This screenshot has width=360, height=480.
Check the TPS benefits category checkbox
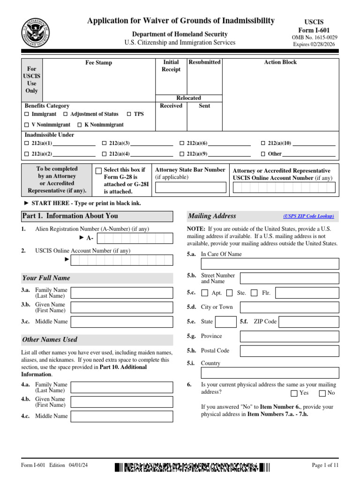pos(129,114)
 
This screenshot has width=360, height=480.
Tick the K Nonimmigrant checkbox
pos(80,125)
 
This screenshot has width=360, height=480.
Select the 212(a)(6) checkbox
pos(182,143)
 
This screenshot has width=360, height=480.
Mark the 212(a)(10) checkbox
pos(263,143)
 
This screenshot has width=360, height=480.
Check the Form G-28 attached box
pos(98,171)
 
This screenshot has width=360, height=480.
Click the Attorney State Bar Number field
pos(190,188)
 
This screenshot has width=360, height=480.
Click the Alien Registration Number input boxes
pos(135,238)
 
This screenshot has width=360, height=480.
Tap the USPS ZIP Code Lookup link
pos(308,216)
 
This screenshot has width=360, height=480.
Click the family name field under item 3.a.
pos(121,293)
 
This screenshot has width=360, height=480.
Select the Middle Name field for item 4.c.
pos(121,416)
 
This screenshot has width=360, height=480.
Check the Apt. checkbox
pos(205,293)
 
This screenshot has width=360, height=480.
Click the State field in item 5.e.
pos(226,322)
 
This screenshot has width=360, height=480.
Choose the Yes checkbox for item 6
pos(294,393)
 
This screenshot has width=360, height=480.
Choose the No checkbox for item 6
pos(322,393)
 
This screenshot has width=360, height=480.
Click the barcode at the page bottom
pos(192,467)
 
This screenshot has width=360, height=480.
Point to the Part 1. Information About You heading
pos(70,216)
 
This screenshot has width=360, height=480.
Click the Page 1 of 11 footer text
pos(325,465)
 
